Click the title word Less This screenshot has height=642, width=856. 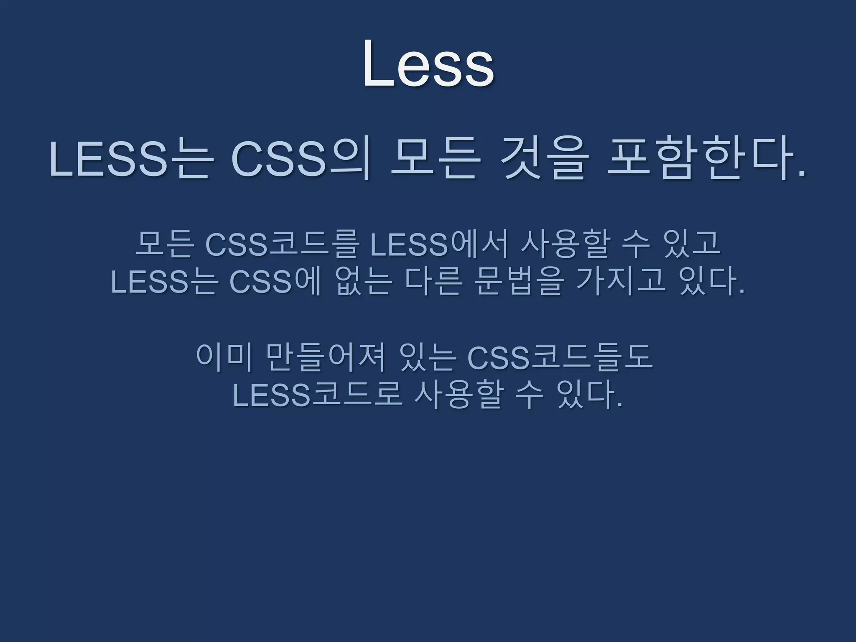coord(428,65)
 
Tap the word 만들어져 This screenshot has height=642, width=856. coord(325,358)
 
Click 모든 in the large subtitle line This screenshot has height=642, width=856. coord(433,162)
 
